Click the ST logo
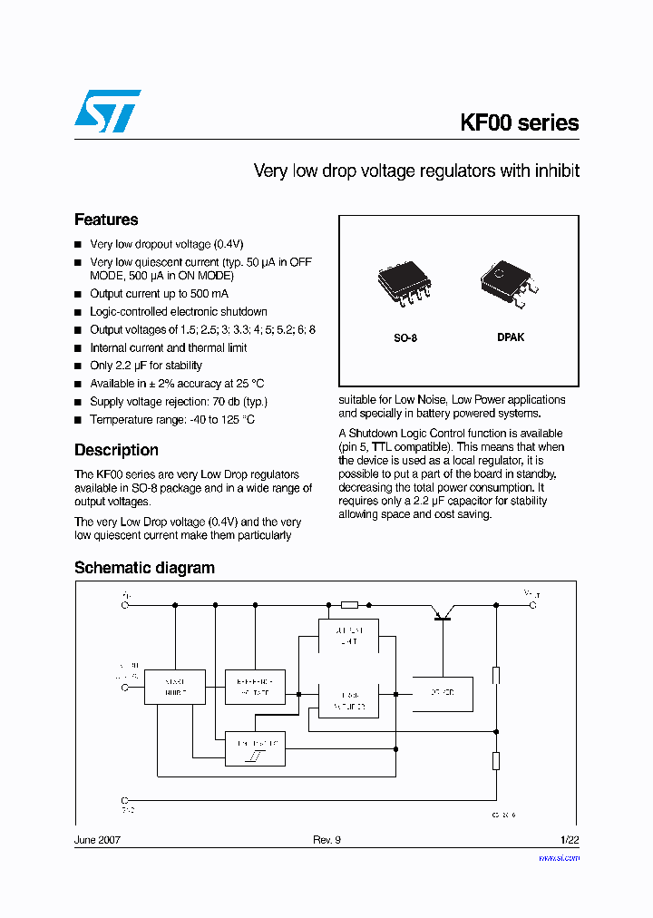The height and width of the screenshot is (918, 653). click(107, 112)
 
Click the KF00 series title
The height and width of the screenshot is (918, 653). click(520, 123)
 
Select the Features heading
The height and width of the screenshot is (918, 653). click(106, 220)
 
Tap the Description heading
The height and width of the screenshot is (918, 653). click(116, 450)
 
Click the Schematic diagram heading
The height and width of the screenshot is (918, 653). click(144, 568)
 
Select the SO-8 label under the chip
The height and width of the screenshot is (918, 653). click(404, 337)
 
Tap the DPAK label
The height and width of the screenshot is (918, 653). click(510, 337)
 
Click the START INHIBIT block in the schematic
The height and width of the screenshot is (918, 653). click(175, 687)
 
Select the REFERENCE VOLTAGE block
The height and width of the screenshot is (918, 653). click(255, 687)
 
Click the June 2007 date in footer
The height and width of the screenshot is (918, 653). click(97, 840)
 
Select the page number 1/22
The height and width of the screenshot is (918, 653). click(569, 840)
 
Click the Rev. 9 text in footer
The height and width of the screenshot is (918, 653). click(326, 840)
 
